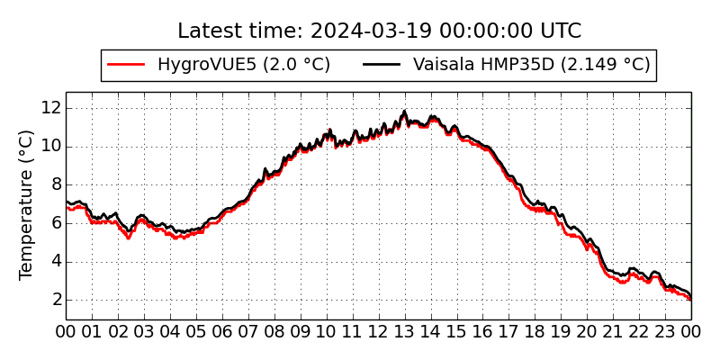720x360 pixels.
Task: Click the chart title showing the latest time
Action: (379, 31)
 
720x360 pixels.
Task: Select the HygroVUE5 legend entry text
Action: (244, 65)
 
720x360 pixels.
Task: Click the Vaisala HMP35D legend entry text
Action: (531, 65)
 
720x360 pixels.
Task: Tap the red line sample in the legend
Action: (126, 65)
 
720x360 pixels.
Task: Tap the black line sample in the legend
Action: (382, 65)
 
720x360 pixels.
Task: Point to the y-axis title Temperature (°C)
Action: (27, 204)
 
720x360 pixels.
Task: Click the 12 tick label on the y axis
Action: (50, 107)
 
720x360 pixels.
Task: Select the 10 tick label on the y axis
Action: (50, 146)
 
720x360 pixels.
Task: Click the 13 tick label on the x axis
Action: (405, 331)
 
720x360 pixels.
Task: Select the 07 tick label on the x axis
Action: (248, 331)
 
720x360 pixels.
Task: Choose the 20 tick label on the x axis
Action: (587, 331)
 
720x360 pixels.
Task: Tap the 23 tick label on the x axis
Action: (665, 331)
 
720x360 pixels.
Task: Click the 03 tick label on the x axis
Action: (144, 331)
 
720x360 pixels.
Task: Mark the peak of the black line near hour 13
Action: (405, 112)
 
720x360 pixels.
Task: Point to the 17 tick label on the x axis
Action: (509, 331)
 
